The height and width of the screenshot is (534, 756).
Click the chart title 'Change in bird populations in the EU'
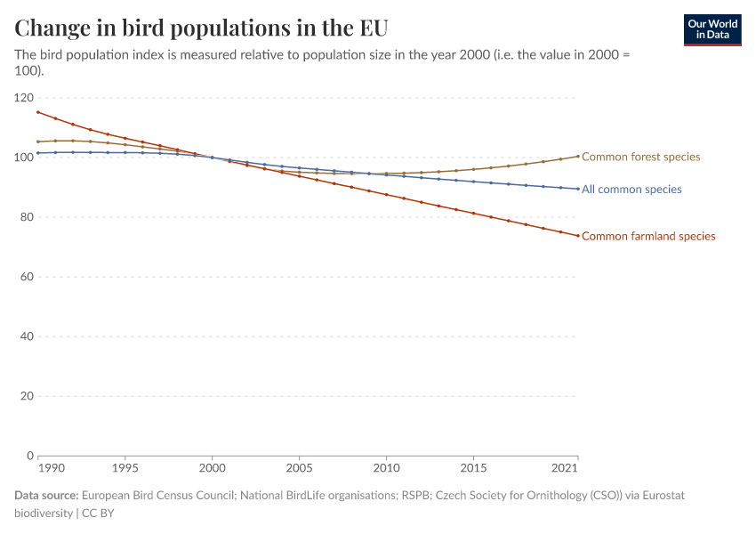201,28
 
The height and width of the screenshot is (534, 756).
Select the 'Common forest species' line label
640,157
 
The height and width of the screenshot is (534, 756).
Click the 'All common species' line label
631,190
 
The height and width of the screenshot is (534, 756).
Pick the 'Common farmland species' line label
648,236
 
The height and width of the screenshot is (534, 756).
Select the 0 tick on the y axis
29,456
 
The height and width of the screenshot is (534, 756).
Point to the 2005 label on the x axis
299,468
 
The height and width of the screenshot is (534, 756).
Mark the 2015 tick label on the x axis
473,468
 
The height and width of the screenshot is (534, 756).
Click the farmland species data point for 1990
38,112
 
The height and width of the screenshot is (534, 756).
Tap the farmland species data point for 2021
578,236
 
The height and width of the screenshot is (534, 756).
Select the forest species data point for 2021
578,156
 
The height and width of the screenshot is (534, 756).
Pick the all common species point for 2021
578,189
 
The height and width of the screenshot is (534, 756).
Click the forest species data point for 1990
38,142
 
